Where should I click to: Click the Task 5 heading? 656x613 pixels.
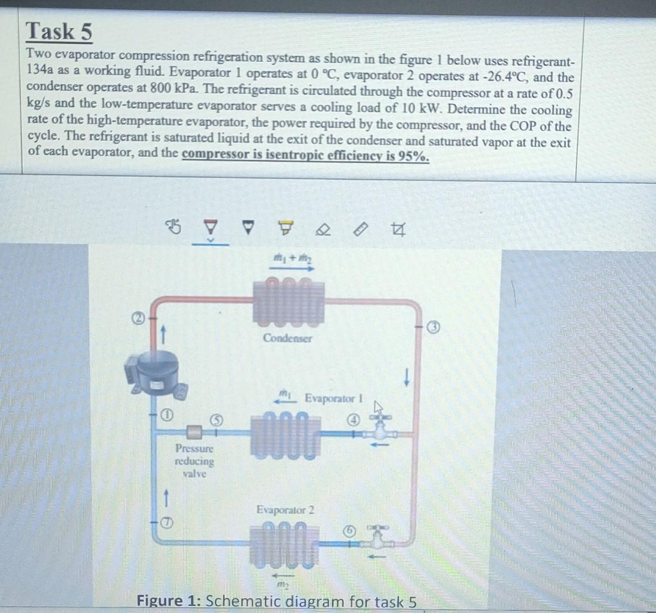59,31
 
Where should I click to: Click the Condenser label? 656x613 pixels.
287,338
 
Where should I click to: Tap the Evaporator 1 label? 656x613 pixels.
334,398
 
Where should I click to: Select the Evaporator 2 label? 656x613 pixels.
285,510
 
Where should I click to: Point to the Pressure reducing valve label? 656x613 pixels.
195,461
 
